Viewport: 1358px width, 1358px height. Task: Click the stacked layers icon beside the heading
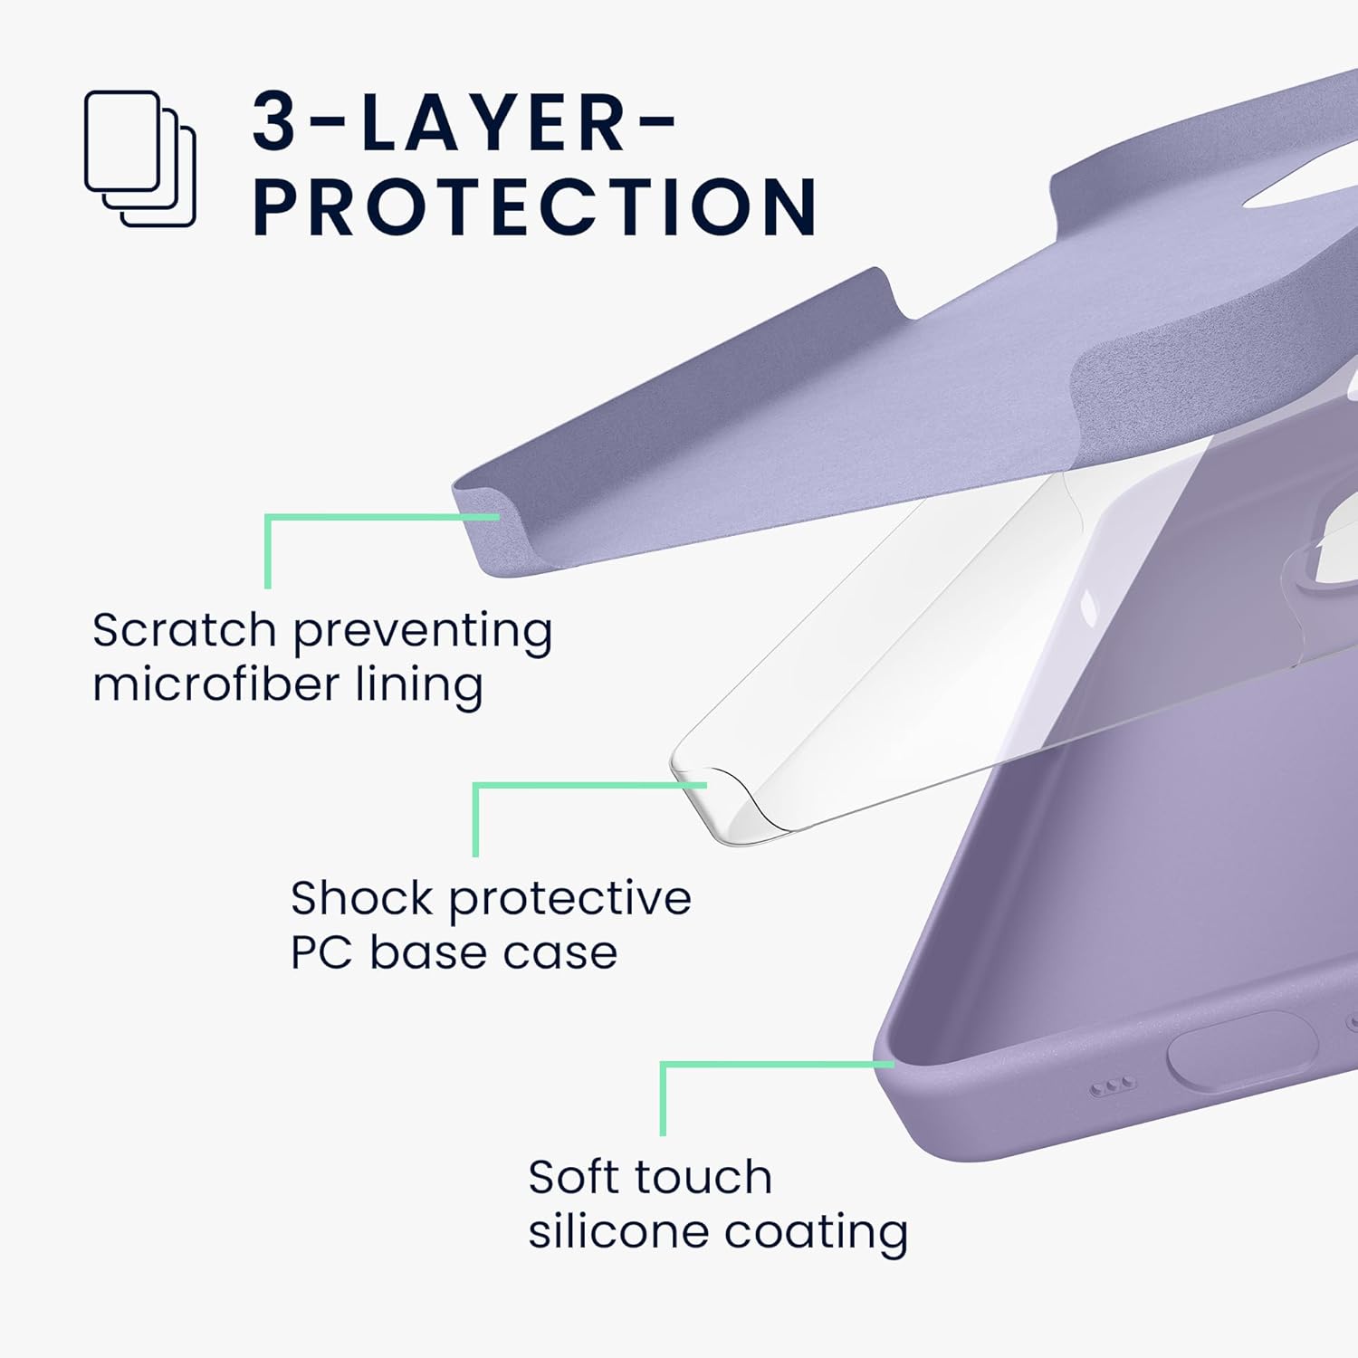pyautogui.click(x=140, y=158)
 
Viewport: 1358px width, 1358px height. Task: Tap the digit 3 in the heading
pyautogui.click(x=273, y=122)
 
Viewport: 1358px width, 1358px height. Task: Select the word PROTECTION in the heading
pyautogui.click(x=534, y=206)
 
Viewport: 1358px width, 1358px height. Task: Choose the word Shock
pyautogui.click(x=361, y=898)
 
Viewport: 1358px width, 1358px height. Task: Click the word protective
pyautogui.click(x=569, y=899)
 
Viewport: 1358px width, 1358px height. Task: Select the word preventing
pyautogui.click(x=422, y=631)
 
